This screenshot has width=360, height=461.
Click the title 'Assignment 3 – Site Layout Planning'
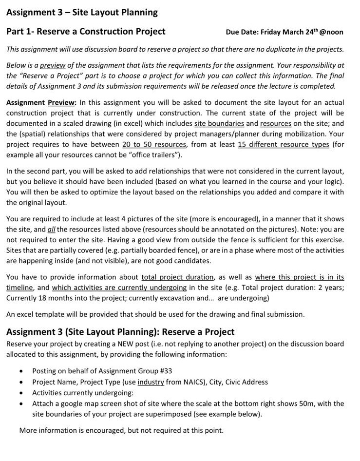click(x=82, y=12)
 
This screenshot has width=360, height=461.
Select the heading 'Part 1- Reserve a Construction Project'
click(x=86, y=32)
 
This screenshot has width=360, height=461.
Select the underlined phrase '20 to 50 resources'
click(x=154, y=145)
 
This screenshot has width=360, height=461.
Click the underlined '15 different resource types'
click(x=283, y=145)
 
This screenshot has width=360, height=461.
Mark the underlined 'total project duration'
click(x=177, y=277)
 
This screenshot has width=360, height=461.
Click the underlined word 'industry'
click(x=151, y=382)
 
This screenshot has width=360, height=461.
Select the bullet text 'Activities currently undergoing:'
click(x=83, y=393)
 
